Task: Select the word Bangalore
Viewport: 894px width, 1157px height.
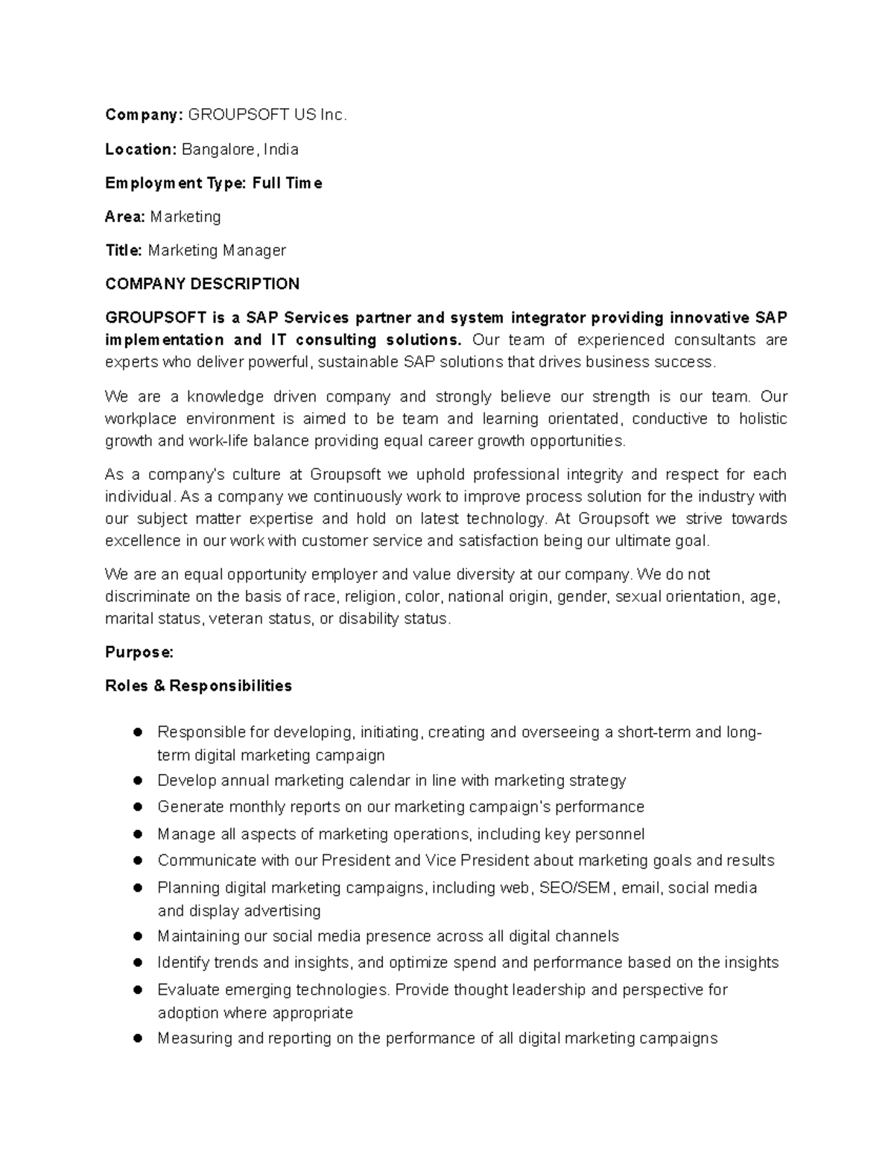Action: (x=221, y=149)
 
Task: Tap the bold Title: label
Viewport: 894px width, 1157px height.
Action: (x=124, y=250)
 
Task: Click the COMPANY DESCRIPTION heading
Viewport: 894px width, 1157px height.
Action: (x=202, y=284)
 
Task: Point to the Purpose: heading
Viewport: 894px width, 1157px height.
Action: (x=139, y=652)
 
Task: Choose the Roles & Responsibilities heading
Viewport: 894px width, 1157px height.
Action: (x=198, y=685)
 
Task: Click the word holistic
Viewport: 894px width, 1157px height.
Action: (x=762, y=419)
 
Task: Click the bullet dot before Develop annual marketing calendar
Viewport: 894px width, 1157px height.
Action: (x=137, y=781)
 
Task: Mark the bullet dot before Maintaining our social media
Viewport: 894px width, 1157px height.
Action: (x=137, y=936)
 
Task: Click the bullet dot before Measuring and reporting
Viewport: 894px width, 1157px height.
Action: (x=137, y=1039)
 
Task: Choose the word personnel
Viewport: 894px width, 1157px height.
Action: (x=609, y=834)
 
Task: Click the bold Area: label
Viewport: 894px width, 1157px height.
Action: (x=125, y=217)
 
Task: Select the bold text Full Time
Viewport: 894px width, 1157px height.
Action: (x=287, y=183)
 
